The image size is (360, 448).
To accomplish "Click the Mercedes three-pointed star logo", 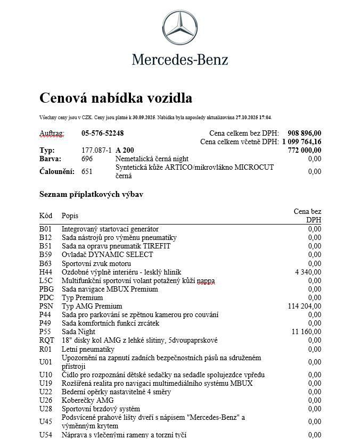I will (179, 29).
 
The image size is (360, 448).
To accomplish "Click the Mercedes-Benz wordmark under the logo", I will (180, 59).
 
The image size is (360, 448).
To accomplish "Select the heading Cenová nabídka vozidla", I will (116, 98).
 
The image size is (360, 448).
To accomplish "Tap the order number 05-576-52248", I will (102, 133).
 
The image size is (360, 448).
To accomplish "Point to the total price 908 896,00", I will (304, 133).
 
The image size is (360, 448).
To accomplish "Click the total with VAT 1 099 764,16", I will (301, 142).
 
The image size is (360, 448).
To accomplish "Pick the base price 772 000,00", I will (304, 151).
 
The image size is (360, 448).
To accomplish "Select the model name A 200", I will (126, 151).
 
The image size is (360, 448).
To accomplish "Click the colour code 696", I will (87, 159).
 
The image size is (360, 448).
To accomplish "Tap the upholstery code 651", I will (87, 171).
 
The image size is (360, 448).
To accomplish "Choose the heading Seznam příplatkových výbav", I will (91, 194).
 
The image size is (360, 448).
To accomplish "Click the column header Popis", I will (70, 215).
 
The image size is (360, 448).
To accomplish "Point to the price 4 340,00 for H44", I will (308, 272).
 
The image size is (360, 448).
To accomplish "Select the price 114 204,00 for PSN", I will (304, 306).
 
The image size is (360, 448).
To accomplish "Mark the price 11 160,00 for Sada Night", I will (306, 331).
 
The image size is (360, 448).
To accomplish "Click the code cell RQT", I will (47, 340).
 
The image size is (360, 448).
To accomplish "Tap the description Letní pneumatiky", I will (88, 349).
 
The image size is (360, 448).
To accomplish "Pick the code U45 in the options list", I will (46, 421).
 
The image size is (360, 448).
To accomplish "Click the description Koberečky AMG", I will (87, 400).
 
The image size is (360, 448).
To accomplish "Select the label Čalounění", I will (57, 171).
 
